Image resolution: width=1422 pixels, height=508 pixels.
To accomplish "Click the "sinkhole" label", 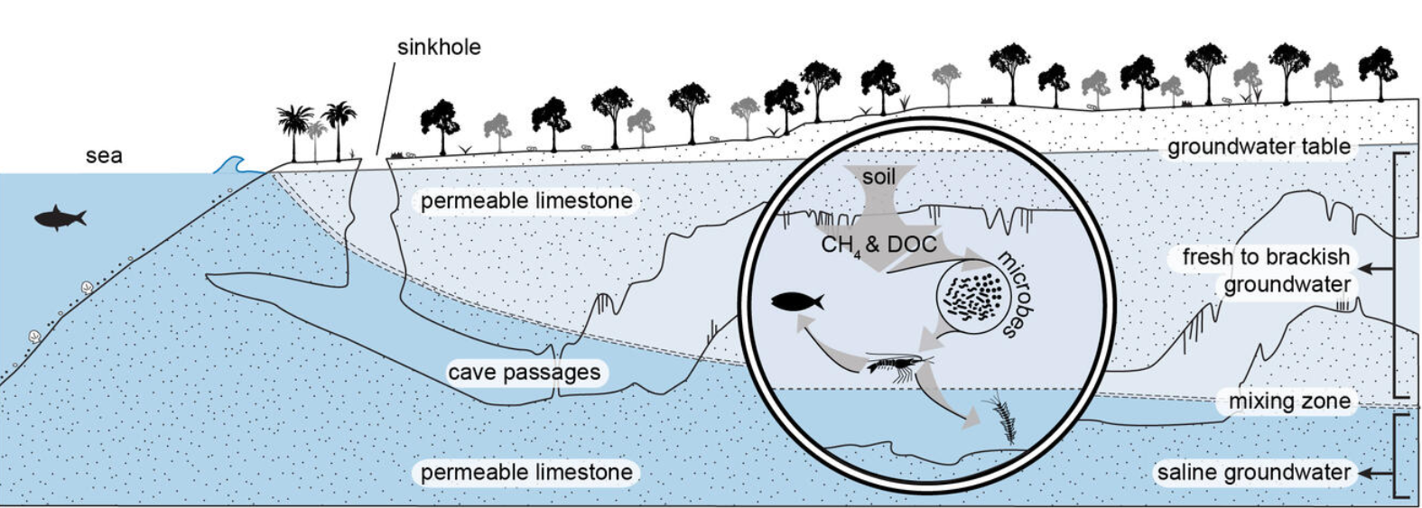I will tap(439, 47).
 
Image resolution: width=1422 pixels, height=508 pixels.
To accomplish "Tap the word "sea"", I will tap(104, 155).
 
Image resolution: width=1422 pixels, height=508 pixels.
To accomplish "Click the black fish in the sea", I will tap(60, 217).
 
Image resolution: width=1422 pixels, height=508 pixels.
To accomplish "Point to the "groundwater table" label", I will tap(1259, 147).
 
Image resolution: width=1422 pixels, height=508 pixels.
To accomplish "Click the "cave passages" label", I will tap(524, 372).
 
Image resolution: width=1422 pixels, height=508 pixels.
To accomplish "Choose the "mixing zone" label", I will tap(1289, 402).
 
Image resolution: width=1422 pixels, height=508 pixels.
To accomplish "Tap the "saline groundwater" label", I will tap(1253, 472).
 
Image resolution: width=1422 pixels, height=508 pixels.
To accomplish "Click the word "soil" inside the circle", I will tap(878, 177).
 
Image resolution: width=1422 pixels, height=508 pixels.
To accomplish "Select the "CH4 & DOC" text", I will tap(878, 245).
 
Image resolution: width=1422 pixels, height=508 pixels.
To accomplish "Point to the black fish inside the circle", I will tap(796, 301).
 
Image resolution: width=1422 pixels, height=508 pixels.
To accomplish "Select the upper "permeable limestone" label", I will tap(526, 200).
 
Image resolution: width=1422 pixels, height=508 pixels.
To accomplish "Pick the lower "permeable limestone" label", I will tap(526, 472).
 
